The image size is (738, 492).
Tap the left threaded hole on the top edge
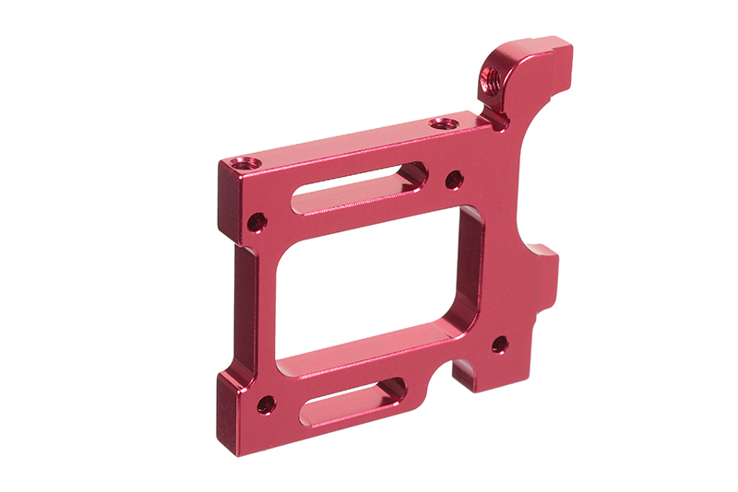point(242,163)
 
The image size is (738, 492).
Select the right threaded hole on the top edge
point(442,122)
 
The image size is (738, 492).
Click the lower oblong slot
point(355,401)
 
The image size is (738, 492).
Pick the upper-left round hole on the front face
point(257,222)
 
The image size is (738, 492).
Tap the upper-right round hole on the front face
point(454,180)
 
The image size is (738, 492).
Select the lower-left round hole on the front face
point(266,404)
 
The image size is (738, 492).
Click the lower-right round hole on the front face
point(499,345)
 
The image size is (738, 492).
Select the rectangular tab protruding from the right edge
point(550,267)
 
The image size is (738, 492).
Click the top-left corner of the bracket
point(222,164)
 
